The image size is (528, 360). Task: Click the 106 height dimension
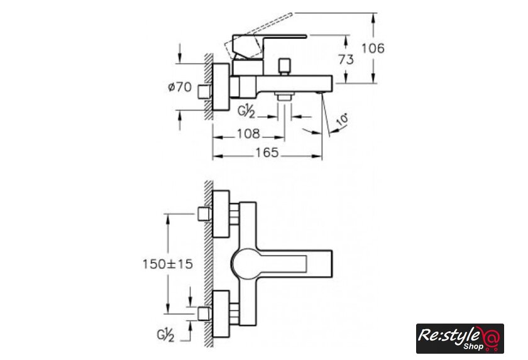pyautogui.click(x=373, y=48)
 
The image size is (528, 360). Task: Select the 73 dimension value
pyautogui.click(x=346, y=60)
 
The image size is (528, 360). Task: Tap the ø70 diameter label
pyautogui.click(x=180, y=87)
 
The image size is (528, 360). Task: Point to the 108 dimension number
pyautogui.click(x=248, y=134)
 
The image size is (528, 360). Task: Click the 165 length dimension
pyautogui.click(x=267, y=153)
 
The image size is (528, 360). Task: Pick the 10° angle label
pyautogui.click(x=342, y=120)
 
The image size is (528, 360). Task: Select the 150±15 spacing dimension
pyautogui.click(x=168, y=264)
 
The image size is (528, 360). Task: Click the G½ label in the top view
pyautogui.click(x=246, y=111)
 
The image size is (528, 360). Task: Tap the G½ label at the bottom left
pyautogui.click(x=165, y=335)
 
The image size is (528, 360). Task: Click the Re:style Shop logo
pyautogui.click(x=460, y=339)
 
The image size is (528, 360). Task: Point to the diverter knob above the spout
pyautogui.click(x=285, y=67)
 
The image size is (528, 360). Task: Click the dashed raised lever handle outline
pyautogui.click(x=258, y=36)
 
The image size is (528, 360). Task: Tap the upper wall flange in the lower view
pyautogui.click(x=221, y=214)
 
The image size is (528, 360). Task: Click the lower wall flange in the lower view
pyautogui.click(x=221, y=314)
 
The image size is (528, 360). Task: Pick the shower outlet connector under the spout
pyautogui.click(x=285, y=96)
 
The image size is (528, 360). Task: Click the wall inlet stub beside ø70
pyautogui.click(x=204, y=92)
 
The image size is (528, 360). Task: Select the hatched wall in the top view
pyautogui.click(x=209, y=87)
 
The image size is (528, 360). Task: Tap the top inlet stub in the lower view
pyautogui.click(x=204, y=214)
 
